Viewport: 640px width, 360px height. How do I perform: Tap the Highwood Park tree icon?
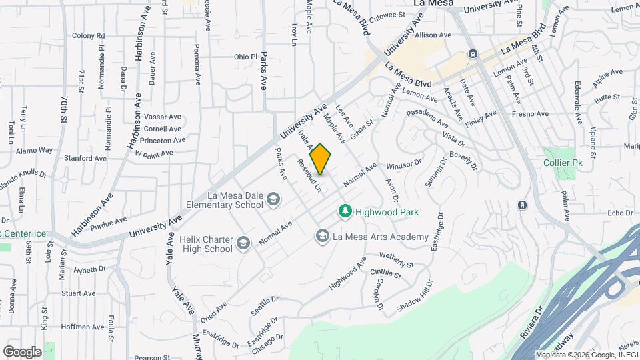point(345,211)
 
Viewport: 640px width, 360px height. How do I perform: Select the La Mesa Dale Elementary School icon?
point(273,199)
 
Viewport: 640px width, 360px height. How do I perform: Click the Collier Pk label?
point(561,163)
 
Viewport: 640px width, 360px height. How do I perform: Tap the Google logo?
point(22,351)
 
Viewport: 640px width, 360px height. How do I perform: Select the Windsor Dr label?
point(404,162)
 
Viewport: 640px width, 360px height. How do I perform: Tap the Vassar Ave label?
point(162,117)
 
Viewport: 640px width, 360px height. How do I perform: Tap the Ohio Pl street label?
point(245,57)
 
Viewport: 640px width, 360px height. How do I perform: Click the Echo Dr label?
point(619,213)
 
